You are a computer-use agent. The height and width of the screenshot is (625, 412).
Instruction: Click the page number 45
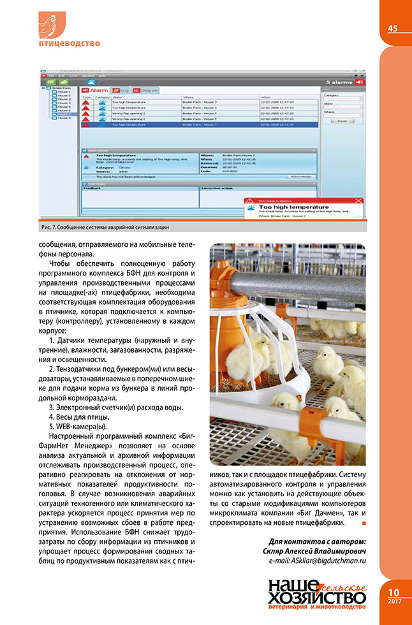[392, 27]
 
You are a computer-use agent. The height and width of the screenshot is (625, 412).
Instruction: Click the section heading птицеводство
[69, 43]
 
